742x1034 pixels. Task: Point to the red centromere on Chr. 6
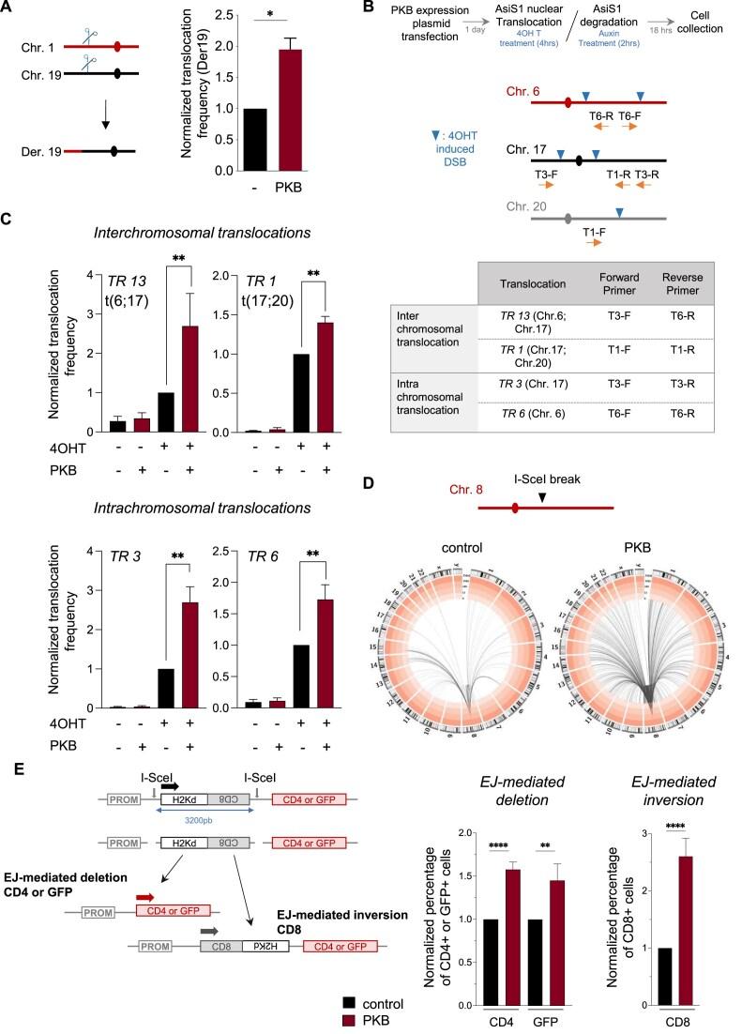tap(568, 102)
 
